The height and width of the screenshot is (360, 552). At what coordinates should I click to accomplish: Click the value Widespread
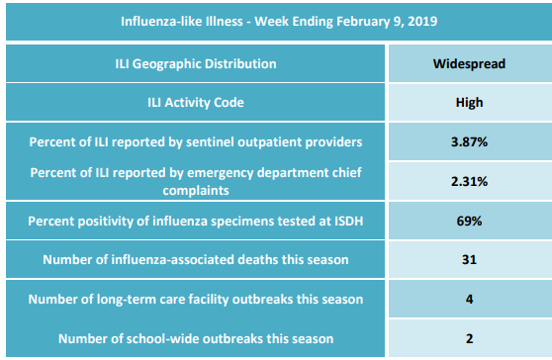[469, 63]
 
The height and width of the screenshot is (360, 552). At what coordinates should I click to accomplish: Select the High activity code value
[469, 103]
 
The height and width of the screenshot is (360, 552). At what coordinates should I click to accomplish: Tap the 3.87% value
[469, 141]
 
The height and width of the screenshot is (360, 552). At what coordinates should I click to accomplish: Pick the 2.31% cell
[469, 181]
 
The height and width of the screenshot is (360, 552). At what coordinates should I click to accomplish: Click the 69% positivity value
[469, 221]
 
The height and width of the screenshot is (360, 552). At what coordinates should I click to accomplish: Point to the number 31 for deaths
[469, 260]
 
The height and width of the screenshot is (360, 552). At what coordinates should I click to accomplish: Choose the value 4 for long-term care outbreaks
[469, 299]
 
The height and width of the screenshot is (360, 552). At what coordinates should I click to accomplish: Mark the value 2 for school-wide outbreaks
[469, 338]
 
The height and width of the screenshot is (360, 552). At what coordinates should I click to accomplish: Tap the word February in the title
[362, 22]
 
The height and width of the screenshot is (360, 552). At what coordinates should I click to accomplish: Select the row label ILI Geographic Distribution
[196, 64]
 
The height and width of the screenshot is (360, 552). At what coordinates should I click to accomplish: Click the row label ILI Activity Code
[196, 103]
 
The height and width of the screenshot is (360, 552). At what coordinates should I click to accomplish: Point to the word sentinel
[209, 141]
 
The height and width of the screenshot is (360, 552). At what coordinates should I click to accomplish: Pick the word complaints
[196, 191]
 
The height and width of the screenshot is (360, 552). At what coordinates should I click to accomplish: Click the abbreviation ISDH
[348, 221]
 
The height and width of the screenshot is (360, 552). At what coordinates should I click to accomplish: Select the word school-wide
[162, 338]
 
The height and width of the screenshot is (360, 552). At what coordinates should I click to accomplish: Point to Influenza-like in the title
[149, 21]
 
